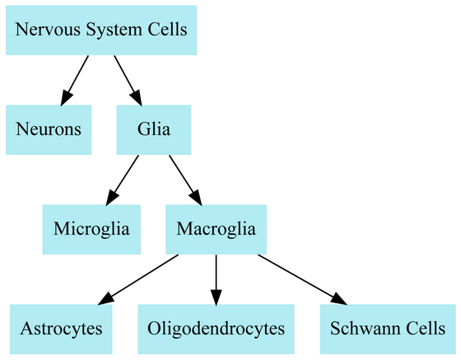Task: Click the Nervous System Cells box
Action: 101,30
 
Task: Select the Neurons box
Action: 49,129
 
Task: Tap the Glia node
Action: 154,129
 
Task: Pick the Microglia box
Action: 91,229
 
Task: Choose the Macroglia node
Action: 216,229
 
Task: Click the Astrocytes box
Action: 61,330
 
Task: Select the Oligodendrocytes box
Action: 216,330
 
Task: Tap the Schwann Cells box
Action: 388,330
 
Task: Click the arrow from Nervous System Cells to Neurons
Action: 74,80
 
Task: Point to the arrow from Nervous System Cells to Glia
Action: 128,80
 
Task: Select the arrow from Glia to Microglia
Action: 123,180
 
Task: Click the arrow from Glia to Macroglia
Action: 185,180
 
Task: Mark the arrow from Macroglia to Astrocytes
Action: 138,280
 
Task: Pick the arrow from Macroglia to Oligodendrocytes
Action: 216,280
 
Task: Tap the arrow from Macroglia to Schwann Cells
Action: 303,280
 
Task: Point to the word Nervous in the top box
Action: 48,30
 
